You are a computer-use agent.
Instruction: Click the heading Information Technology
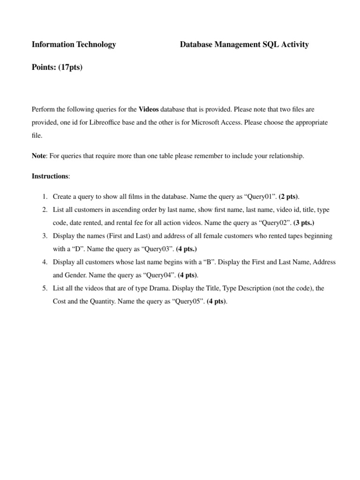pyautogui.click(x=74, y=45)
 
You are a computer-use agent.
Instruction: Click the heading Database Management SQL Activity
pyautogui.click(x=244, y=45)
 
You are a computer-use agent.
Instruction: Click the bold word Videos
pyautogui.click(x=149, y=109)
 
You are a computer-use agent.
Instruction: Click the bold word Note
pyautogui.click(x=39, y=156)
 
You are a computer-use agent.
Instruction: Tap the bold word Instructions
pyautogui.click(x=50, y=176)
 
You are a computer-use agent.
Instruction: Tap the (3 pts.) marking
pyautogui.click(x=308, y=223)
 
